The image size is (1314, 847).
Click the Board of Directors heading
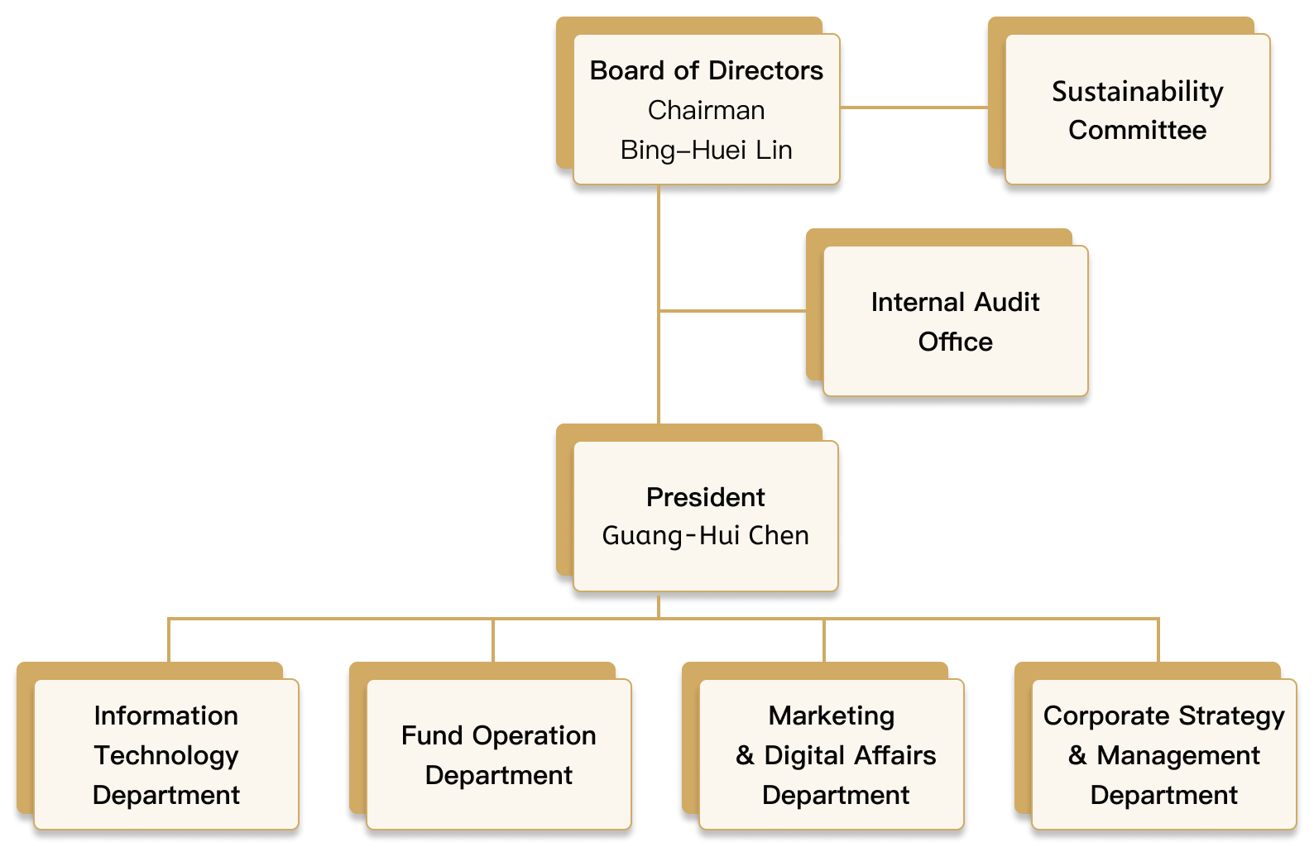click(x=706, y=71)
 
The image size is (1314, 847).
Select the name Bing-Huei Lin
click(x=706, y=151)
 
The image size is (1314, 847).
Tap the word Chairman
click(x=706, y=111)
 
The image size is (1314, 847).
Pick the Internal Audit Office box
click(x=955, y=321)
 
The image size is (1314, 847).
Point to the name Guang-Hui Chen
click(x=705, y=536)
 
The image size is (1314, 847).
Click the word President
click(x=705, y=497)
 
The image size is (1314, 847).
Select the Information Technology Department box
click(x=166, y=754)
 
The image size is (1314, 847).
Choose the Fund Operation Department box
click(x=498, y=754)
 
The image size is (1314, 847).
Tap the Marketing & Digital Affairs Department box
click(x=831, y=754)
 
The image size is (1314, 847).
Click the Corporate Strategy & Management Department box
click(x=1163, y=754)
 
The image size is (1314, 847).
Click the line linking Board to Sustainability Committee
click(x=914, y=108)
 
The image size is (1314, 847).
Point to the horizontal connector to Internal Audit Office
click(x=732, y=311)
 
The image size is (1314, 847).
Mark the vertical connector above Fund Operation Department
click(x=493, y=639)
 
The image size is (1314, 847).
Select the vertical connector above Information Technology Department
click(x=169, y=639)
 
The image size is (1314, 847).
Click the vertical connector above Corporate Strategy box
click(x=1158, y=639)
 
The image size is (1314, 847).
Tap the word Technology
click(x=166, y=755)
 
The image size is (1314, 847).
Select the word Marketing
click(x=831, y=716)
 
